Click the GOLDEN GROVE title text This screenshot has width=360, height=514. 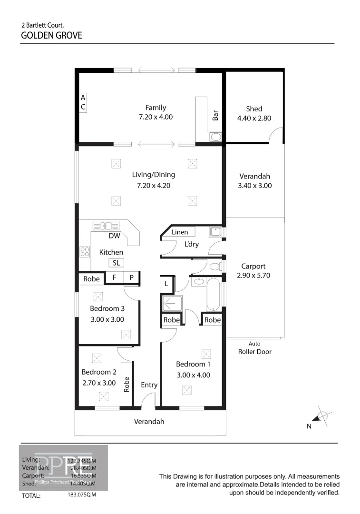51,35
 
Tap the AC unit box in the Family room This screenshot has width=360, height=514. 83,102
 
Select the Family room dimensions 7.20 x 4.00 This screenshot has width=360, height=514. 156,117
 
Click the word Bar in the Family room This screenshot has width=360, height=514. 215,115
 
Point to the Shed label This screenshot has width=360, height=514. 254,109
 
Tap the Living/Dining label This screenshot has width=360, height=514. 153,175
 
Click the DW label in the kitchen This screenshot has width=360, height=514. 114,236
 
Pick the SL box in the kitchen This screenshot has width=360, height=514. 116,263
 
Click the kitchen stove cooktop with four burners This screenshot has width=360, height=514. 85,251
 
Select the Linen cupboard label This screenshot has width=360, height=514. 180,232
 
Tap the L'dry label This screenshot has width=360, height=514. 192,245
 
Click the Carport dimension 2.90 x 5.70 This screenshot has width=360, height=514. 253,275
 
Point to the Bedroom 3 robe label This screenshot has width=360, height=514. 91,279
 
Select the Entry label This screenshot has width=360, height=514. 149,385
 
